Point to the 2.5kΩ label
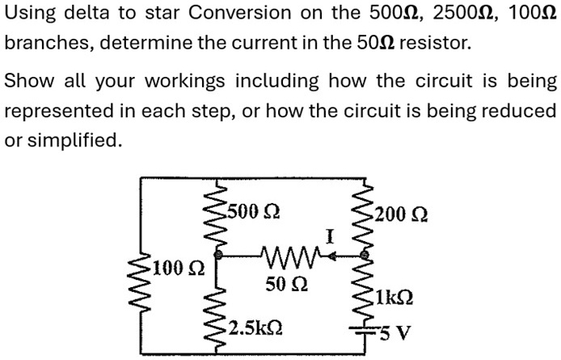255,329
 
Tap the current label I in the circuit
329,237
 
